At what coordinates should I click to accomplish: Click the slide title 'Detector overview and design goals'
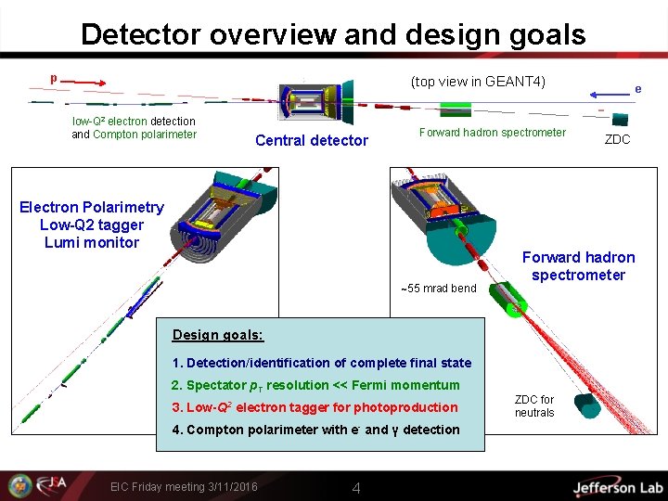[333, 34]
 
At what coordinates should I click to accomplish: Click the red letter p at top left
[53, 79]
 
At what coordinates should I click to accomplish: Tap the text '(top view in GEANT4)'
[478, 82]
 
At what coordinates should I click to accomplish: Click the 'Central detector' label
[312, 141]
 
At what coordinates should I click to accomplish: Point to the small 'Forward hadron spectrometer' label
[492, 133]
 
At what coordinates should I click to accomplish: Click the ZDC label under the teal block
[617, 140]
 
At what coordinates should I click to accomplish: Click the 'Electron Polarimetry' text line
[91, 208]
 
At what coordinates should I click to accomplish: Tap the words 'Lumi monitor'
[91, 243]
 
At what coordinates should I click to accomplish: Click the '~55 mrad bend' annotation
[438, 288]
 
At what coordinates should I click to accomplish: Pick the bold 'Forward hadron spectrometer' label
[578, 266]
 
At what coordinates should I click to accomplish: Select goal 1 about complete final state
[321, 363]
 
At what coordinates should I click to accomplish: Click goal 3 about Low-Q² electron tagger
[315, 407]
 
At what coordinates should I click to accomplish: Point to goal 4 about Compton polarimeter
[315, 430]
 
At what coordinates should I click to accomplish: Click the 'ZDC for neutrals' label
[534, 406]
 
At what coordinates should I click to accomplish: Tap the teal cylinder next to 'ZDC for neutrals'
[588, 405]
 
